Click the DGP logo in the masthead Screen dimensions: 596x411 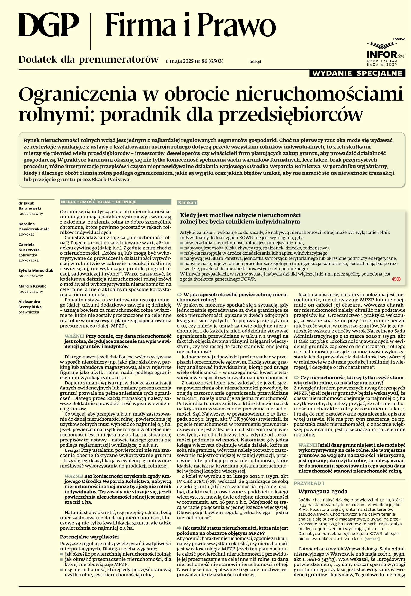48,25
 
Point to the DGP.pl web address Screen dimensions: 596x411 255,62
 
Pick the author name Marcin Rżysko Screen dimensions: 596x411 33,286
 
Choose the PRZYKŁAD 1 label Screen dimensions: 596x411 309,483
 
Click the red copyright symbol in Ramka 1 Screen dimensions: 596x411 396,279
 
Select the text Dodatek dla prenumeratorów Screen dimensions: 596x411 88,60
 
